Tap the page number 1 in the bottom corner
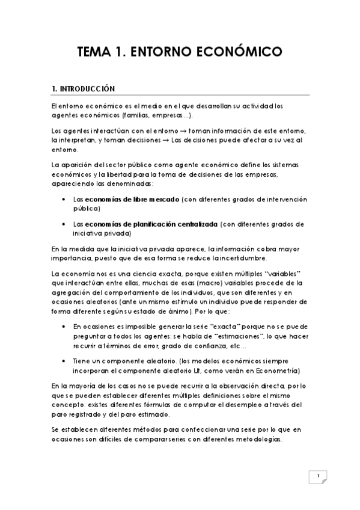click(318, 477)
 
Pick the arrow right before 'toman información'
click(185, 131)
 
